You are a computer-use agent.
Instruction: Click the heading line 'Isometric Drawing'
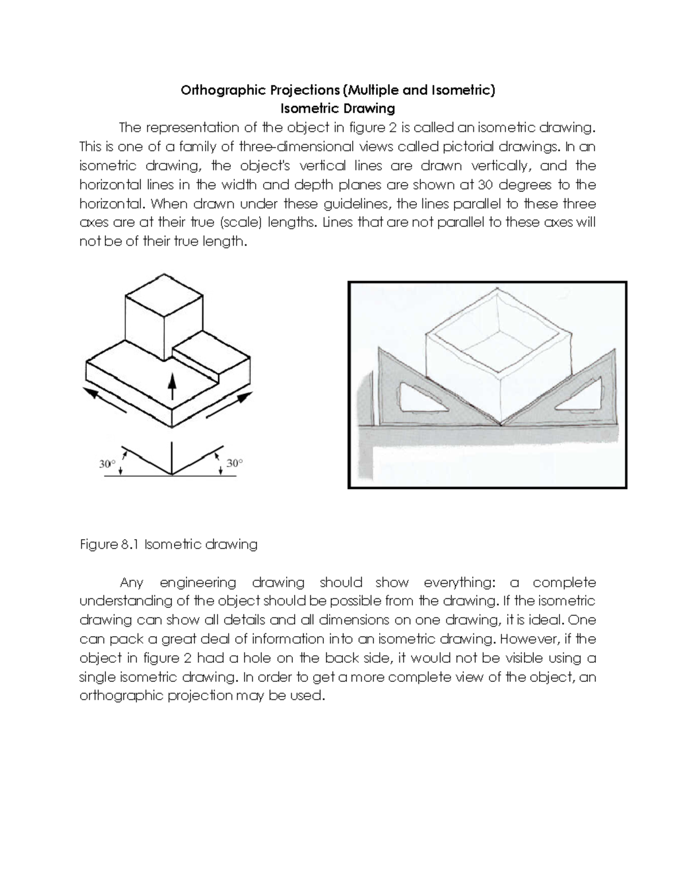pos(337,108)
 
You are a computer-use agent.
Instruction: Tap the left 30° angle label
pos(107,464)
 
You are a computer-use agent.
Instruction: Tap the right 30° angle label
pos(234,463)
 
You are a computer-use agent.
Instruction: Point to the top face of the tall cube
pos(163,289)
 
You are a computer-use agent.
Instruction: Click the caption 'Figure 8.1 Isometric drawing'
pos(168,544)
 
